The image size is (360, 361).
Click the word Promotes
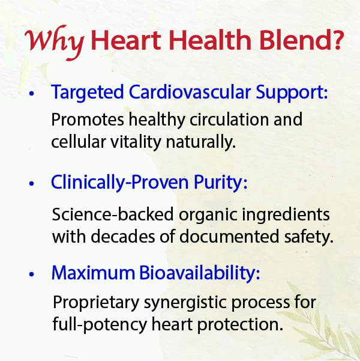[x=83, y=120]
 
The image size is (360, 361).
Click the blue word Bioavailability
[x=200, y=273]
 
